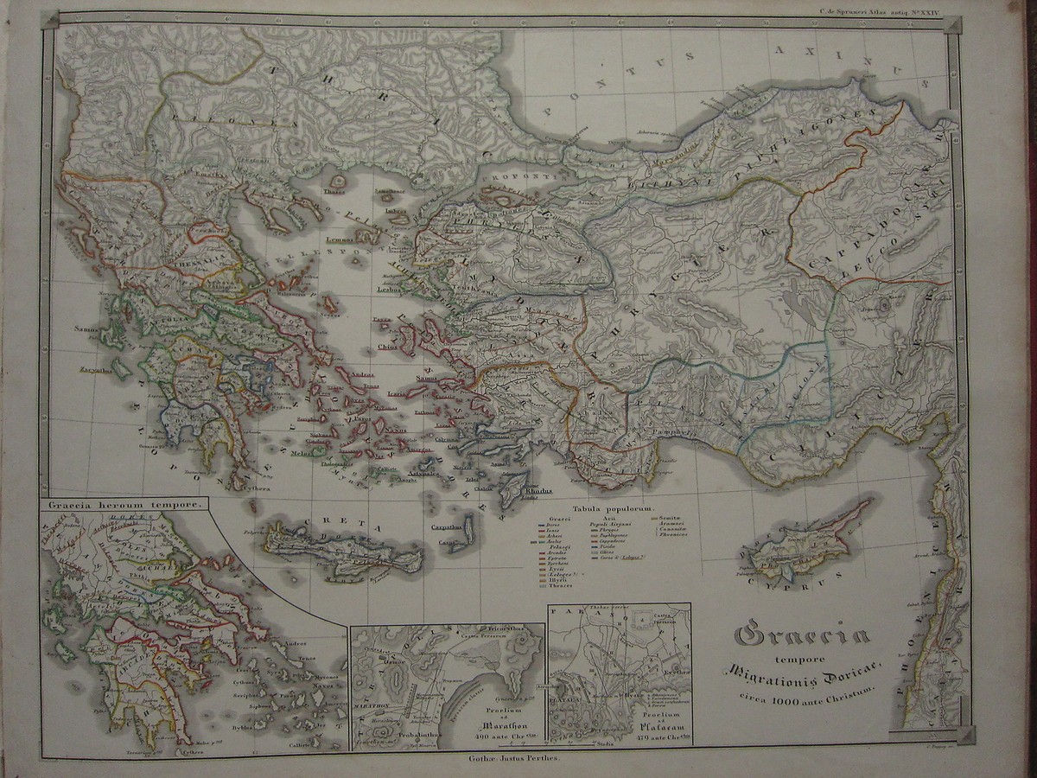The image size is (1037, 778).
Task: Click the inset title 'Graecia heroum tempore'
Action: coord(126,502)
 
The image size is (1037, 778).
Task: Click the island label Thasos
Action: coord(333,192)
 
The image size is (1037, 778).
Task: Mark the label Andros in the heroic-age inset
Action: coord(296,643)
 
